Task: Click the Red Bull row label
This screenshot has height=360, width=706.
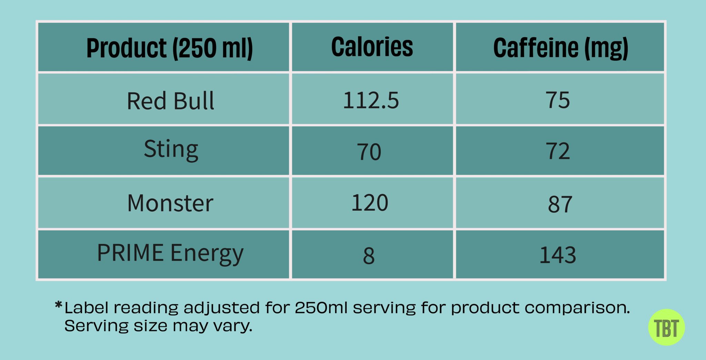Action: pos(170,101)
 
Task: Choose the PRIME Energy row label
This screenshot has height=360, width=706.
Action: pos(170,253)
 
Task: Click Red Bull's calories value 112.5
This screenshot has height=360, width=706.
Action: pos(371,100)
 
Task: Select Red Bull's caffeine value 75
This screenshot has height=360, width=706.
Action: pos(557,100)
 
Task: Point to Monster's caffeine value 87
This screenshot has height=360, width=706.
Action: pos(560,204)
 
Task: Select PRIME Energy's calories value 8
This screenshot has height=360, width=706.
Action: pos(369,256)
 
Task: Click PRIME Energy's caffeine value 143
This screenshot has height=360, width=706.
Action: pos(557,255)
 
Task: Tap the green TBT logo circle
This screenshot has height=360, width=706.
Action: pos(666,327)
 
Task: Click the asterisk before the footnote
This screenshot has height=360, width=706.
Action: pos(58,304)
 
